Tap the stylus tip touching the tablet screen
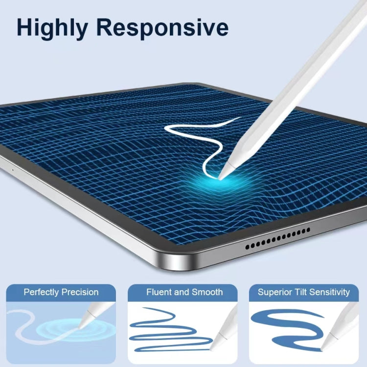pos(222,176)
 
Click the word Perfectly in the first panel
pos(42,292)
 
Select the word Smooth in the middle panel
pos(207,292)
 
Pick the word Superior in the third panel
pos(275,292)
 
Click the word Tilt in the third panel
pos(301,292)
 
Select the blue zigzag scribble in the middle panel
pos(169,328)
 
